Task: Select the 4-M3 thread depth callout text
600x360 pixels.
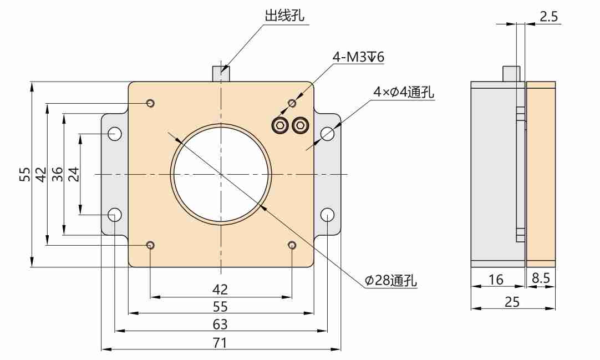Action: [x=358, y=57]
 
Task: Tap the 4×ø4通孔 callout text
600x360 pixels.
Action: [x=404, y=92]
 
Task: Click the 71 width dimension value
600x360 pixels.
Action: [x=220, y=342]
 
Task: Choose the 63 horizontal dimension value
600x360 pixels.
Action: [x=220, y=324]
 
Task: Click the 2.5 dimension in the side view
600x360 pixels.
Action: [x=548, y=17]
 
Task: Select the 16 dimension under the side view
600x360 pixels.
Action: [x=496, y=280]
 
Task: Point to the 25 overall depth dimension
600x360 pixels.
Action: [x=512, y=301]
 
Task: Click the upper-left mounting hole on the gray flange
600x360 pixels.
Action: [x=115, y=134]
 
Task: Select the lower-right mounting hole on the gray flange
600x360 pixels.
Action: [x=327, y=214]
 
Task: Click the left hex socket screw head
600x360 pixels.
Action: [x=280, y=125]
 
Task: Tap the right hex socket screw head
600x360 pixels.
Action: [x=301, y=125]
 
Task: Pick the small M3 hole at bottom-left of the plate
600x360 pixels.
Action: [x=150, y=245]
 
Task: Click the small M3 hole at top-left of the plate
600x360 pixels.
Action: [x=150, y=104]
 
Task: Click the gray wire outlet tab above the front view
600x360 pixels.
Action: [x=221, y=73]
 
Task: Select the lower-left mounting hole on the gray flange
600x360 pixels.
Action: [x=115, y=214]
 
